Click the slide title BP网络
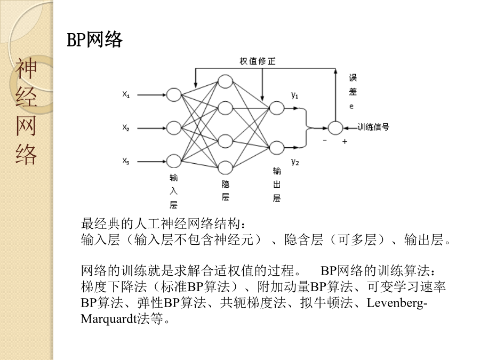[x=94, y=39]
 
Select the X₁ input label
[x=126, y=94]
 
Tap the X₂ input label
[x=126, y=127]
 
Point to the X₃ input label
[x=126, y=161]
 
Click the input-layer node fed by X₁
[x=173, y=95]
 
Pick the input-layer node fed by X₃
[x=173, y=161]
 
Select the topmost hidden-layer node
[x=225, y=82]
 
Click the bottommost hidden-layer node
[x=225, y=167]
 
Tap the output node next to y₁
[x=276, y=108]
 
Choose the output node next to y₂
[x=276, y=148]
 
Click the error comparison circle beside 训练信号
[x=335, y=128]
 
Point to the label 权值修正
[x=258, y=61]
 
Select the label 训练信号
[x=373, y=127]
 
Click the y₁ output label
[x=295, y=95]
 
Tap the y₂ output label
[x=295, y=162]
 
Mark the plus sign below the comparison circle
[x=345, y=141]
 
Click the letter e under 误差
[x=351, y=107]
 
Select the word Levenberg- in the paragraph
[x=397, y=303]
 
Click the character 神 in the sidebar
[x=26, y=68]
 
